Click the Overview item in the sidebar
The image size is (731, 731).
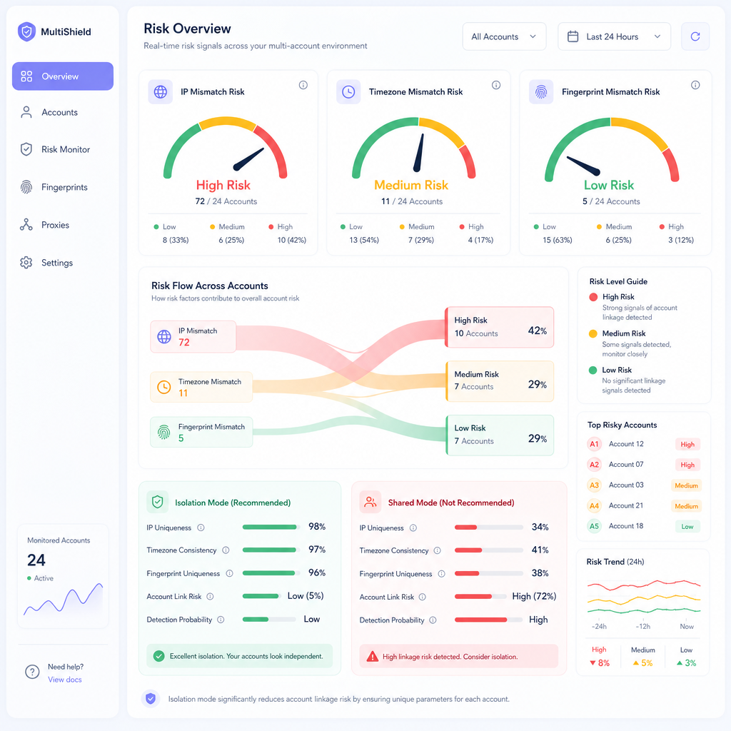[x=63, y=76]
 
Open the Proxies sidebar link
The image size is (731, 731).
[x=55, y=225]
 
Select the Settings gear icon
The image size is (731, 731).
[x=26, y=263]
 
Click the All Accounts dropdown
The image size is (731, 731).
[x=504, y=36]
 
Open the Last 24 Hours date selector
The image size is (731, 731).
[x=614, y=36]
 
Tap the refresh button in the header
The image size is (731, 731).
[x=695, y=36]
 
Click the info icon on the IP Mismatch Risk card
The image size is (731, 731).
[x=303, y=85]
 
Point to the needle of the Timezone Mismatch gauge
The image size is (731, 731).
[x=418, y=153]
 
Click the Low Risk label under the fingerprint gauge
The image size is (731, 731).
[x=609, y=185]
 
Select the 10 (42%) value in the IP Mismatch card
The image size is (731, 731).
[x=292, y=240]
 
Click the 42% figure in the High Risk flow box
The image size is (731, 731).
[x=537, y=331]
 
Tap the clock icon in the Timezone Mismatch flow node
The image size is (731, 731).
[x=164, y=387]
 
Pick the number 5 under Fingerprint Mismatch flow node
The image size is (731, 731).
[x=181, y=438]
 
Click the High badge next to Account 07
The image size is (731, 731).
[x=687, y=465]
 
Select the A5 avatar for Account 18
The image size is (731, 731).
[x=594, y=526]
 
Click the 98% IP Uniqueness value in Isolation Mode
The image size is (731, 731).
[x=317, y=526]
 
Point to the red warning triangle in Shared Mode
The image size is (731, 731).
[x=373, y=657]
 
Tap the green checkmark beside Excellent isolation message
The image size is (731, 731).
[x=159, y=656]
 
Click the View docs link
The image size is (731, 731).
[x=65, y=680]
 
